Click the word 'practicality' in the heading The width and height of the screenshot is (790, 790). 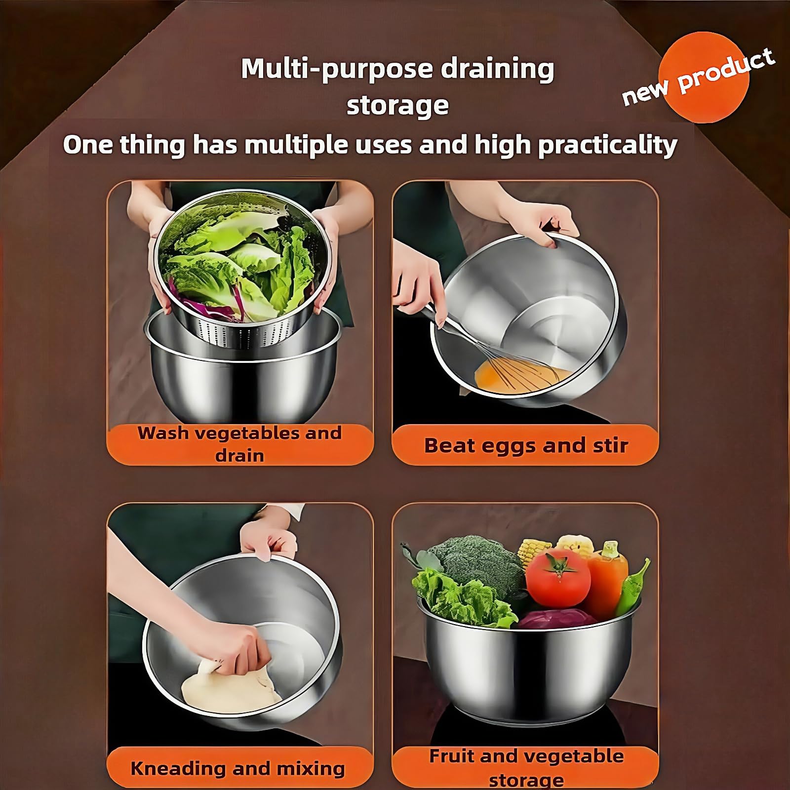click(607, 145)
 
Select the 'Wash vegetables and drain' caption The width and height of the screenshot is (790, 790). click(240, 443)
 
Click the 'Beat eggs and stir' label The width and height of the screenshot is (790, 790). click(525, 445)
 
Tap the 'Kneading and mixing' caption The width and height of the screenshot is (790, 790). click(237, 768)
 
